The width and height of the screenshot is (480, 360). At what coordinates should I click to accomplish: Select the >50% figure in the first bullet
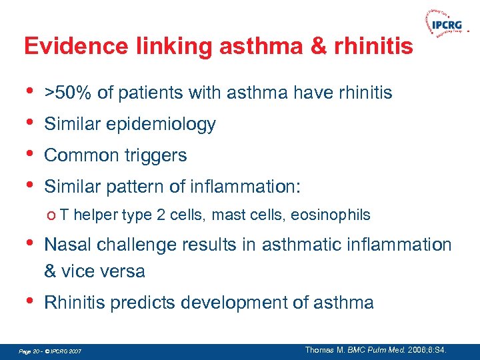click(68, 93)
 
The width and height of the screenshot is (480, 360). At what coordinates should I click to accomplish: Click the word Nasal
click(66, 245)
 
